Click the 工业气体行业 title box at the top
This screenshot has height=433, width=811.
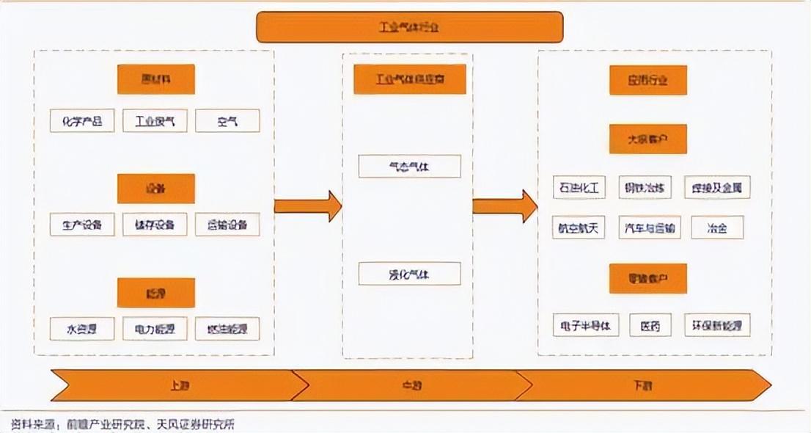409,28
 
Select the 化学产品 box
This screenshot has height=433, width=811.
82,121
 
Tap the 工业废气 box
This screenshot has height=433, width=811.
155,121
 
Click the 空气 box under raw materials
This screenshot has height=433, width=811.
227,121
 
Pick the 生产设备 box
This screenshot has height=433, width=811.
82,225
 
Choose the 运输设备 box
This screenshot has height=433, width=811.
227,225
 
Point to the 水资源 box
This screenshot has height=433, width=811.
82,329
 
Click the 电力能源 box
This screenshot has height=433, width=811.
155,329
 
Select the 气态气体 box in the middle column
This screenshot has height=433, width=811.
409,167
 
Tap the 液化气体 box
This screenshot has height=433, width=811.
409,274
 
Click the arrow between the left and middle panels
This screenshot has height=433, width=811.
308,206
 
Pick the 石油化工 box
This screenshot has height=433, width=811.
579,187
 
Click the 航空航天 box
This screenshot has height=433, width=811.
579,228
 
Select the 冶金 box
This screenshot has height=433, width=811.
717,228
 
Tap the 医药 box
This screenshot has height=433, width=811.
650,325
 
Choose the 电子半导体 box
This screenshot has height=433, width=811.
586,325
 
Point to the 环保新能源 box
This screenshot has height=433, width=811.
717,325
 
